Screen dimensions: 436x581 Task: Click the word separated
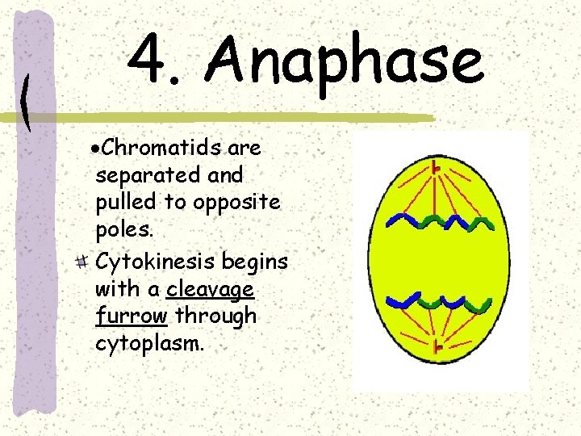(x=150, y=174)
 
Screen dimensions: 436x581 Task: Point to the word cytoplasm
(x=149, y=342)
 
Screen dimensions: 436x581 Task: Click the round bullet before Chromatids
(x=94, y=149)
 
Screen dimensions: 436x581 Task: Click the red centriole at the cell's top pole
(x=436, y=168)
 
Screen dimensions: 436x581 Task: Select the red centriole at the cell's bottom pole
(x=437, y=348)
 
